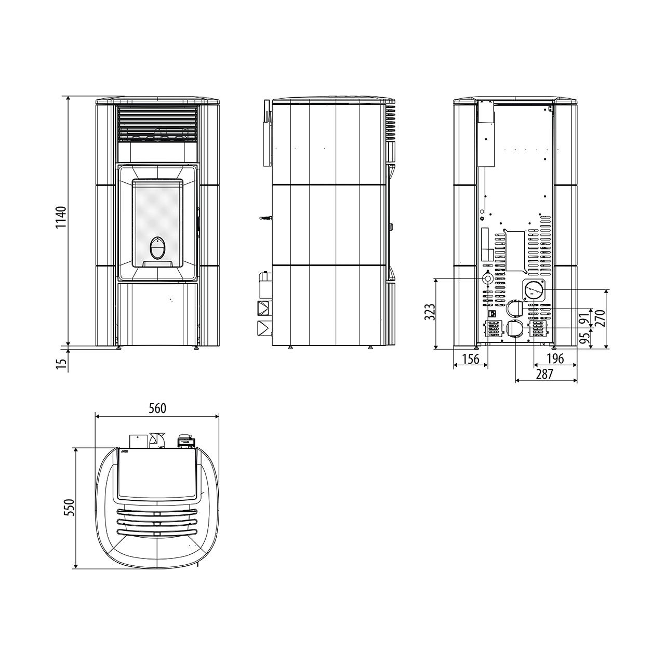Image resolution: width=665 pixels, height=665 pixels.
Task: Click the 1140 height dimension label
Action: pyautogui.click(x=61, y=217)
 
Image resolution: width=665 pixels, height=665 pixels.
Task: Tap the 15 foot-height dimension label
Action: pyautogui.click(x=61, y=364)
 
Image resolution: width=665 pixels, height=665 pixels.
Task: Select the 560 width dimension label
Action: pyautogui.click(x=157, y=408)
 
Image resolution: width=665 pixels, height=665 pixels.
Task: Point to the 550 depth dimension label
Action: pyautogui.click(x=70, y=507)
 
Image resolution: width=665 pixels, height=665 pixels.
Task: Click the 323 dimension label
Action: pyautogui.click(x=430, y=312)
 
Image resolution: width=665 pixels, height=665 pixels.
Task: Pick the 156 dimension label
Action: pyautogui.click(x=471, y=359)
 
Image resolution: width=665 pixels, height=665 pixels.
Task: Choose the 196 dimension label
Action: pyautogui.click(x=555, y=359)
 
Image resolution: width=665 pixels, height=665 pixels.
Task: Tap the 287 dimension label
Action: pyautogui.click(x=545, y=375)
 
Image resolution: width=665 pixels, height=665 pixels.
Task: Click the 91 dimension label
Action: pyautogui.click(x=583, y=318)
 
